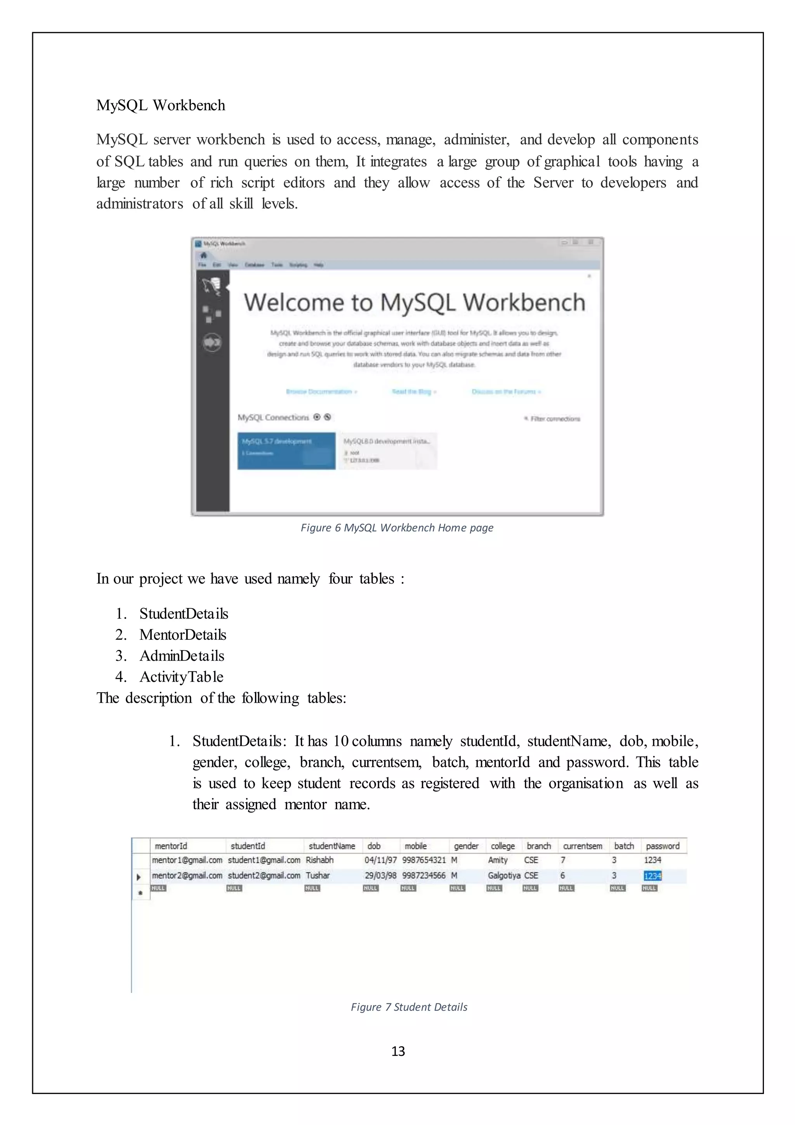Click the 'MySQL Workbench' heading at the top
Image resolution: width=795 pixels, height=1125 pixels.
click(x=161, y=105)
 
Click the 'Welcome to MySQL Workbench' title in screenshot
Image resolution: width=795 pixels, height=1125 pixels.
click(x=414, y=302)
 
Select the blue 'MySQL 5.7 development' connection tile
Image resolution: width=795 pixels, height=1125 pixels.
click(x=286, y=450)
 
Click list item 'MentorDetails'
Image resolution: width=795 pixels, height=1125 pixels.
click(x=182, y=634)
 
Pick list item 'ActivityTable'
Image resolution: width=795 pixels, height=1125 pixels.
click(x=181, y=677)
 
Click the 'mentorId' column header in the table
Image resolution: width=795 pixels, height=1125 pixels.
click(x=171, y=846)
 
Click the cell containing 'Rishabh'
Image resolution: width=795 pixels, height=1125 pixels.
click(x=319, y=860)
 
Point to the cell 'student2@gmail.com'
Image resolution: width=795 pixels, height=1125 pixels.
click(x=264, y=876)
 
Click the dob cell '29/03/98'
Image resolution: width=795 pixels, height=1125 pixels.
click(x=380, y=876)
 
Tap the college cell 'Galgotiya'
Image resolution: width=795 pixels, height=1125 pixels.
click(x=503, y=876)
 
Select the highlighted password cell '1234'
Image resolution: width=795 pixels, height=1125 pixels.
click(x=652, y=876)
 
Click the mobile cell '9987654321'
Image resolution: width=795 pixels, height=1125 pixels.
click(x=424, y=860)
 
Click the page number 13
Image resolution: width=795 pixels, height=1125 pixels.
click(x=398, y=1051)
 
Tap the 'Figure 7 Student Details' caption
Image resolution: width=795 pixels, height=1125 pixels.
click(x=409, y=1007)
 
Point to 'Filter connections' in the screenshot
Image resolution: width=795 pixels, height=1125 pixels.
click(x=555, y=419)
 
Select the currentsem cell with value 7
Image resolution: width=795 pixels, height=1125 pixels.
click(x=563, y=860)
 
